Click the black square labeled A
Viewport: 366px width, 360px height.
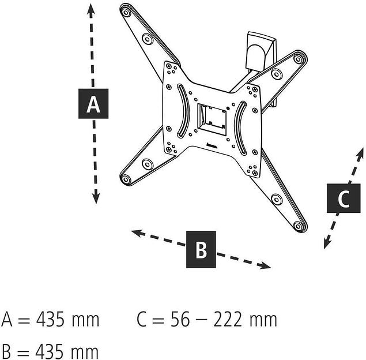[93, 104]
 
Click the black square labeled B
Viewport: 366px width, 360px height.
[201, 250]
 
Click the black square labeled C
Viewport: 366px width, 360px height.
[344, 198]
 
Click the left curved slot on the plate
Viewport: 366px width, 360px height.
[180, 111]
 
